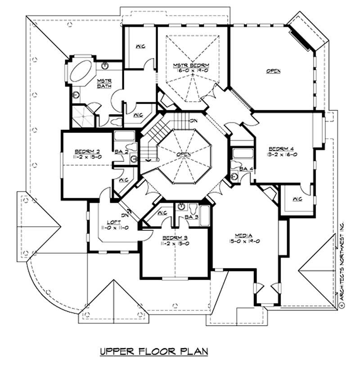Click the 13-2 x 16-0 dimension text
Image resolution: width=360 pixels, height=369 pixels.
click(x=283, y=155)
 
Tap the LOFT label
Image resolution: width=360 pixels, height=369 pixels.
click(x=113, y=222)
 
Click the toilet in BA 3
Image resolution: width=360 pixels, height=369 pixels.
click(x=193, y=210)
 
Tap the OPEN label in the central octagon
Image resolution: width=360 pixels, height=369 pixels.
click(x=184, y=155)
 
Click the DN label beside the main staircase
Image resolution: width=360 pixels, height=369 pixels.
click(x=193, y=121)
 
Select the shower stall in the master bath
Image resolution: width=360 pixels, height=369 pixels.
click(x=82, y=116)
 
